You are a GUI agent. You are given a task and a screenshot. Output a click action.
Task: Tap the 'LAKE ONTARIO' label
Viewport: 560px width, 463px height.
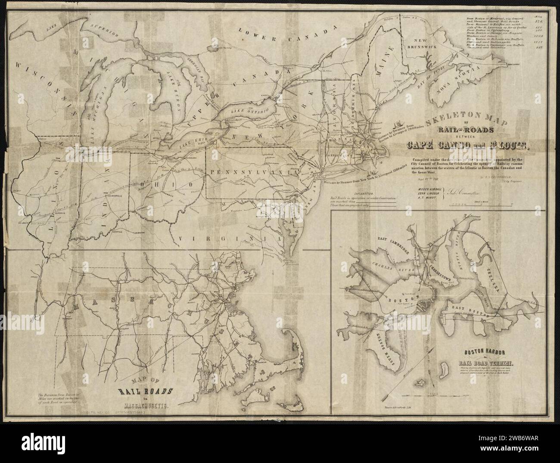coord(246,112)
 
